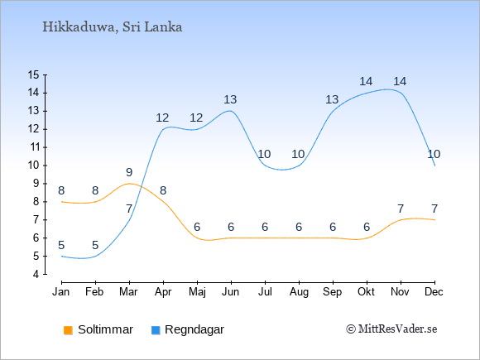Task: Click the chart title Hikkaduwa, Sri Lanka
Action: (113, 27)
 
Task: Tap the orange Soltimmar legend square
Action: (68, 330)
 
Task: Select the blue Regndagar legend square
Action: (156, 330)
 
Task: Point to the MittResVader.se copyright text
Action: (391, 329)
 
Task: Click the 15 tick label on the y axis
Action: (33, 74)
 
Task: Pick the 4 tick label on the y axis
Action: (36, 274)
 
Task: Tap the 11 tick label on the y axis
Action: (33, 147)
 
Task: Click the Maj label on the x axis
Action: (197, 292)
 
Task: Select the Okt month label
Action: (367, 292)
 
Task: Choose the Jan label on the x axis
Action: (61, 292)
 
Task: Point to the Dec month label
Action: (434, 292)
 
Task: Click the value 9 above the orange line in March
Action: (129, 172)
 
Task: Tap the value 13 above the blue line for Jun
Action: (230, 99)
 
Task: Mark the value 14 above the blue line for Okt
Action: (366, 81)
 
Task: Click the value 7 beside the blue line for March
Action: (129, 209)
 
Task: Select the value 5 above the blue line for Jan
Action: (61, 245)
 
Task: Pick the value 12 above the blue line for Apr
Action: (162, 118)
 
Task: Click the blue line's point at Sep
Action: (333, 111)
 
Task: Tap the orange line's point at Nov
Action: (401, 220)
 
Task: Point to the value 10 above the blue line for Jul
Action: (264, 154)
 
